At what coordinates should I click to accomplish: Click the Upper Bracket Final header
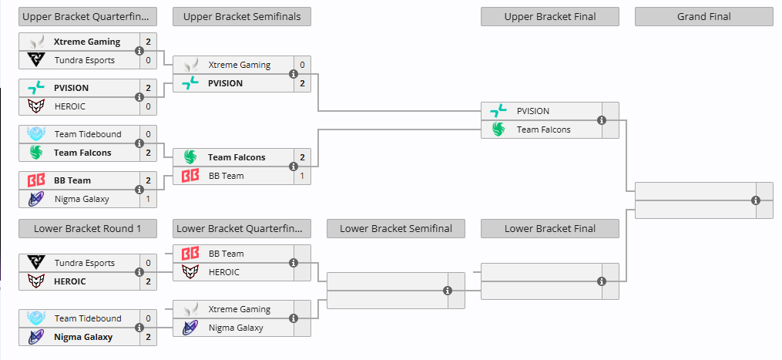pyautogui.click(x=549, y=17)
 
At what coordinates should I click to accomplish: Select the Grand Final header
pyautogui.click(x=703, y=17)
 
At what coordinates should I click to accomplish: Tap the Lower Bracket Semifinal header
pyautogui.click(x=395, y=229)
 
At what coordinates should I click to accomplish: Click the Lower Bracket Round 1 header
pyautogui.click(x=87, y=229)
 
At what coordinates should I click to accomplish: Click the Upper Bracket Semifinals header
pyautogui.click(x=241, y=17)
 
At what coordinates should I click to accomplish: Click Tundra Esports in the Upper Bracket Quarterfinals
pyautogui.click(x=84, y=60)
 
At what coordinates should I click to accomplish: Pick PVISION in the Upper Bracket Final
pyautogui.click(x=533, y=111)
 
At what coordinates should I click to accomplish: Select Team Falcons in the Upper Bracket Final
pyautogui.click(x=543, y=130)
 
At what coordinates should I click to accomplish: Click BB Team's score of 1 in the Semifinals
pyautogui.click(x=302, y=176)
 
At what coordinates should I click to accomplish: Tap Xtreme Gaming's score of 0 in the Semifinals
pyautogui.click(x=302, y=65)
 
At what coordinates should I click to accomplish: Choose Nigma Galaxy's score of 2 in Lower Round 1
pyautogui.click(x=148, y=337)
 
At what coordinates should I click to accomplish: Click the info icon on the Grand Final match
pyautogui.click(x=756, y=200)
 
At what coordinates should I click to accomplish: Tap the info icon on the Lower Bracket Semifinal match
pyautogui.click(x=448, y=291)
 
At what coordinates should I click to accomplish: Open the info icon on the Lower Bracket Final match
pyautogui.click(x=602, y=281)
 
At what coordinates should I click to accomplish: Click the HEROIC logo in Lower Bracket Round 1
pyautogui.click(x=36, y=281)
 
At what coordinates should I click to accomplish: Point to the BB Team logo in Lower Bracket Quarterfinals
pyautogui.click(x=190, y=254)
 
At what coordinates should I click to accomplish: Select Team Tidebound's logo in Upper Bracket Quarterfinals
pyautogui.click(x=36, y=134)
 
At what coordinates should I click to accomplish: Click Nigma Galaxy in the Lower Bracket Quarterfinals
pyautogui.click(x=236, y=328)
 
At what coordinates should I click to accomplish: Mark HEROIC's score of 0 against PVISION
pyautogui.click(x=148, y=106)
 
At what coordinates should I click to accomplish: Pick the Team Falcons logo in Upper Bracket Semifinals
pyautogui.click(x=190, y=157)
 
